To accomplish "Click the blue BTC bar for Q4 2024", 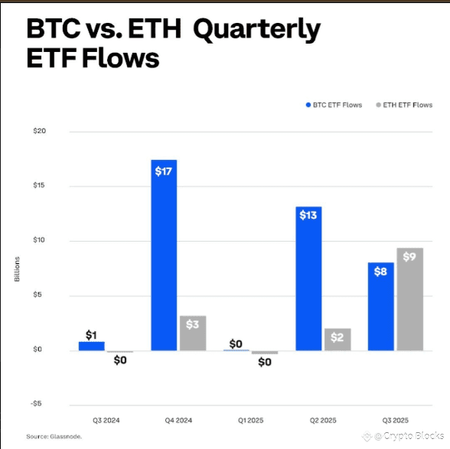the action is coord(164,255).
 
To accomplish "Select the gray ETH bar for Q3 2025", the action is coord(410,299).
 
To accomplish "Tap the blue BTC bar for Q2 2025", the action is coord(308,278).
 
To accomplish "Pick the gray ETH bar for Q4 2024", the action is coord(193,333).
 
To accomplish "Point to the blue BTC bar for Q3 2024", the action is coord(92,346).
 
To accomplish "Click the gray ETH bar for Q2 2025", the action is coord(337,340).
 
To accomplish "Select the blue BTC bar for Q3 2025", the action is coord(381,307).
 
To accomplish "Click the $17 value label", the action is coord(163,171).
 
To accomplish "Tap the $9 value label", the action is coord(409,256).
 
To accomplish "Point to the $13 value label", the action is coord(308,215).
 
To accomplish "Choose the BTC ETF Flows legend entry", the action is coord(334,105).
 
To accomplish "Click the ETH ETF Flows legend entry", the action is coord(404,105).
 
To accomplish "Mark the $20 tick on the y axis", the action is coord(40,131).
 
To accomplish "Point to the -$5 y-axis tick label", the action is coord(36,404).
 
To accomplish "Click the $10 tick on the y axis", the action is coord(39,240).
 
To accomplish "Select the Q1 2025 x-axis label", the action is coord(250,421).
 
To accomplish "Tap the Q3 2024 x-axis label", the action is coord(106,421).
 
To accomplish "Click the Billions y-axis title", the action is coord(17,269).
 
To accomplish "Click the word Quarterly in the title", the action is coord(257,30).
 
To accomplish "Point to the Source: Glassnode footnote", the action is coord(54,437).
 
